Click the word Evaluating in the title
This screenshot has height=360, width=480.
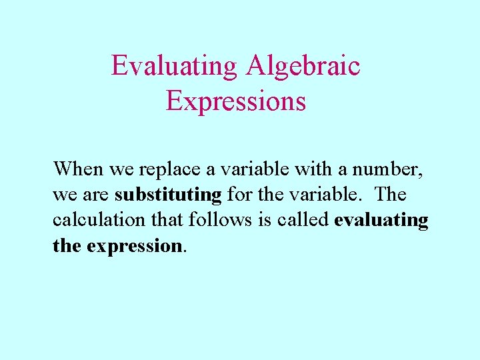pos(174,67)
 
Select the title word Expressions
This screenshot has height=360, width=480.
pos(236,101)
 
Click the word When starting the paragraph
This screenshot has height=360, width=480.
pos(79,169)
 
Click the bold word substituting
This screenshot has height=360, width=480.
pos(168,195)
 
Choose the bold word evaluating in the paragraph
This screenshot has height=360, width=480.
pos(381,221)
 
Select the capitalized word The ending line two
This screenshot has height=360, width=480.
pos(391,195)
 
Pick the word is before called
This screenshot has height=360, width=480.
pos(267,220)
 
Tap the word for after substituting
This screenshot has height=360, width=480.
pos(238,195)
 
